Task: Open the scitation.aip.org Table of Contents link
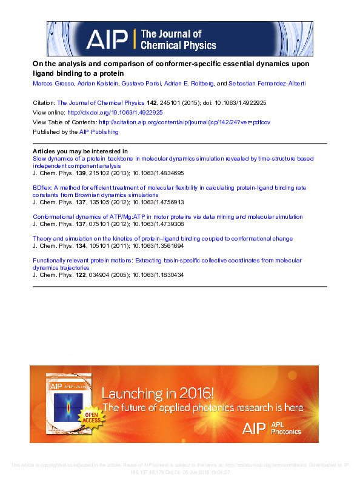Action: coord(184,122)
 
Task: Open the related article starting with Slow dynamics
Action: coord(173,159)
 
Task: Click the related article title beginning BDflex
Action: coord(169,188)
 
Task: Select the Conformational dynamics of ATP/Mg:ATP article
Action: coord(167,216)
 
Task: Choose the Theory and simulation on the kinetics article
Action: coord(162,239)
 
